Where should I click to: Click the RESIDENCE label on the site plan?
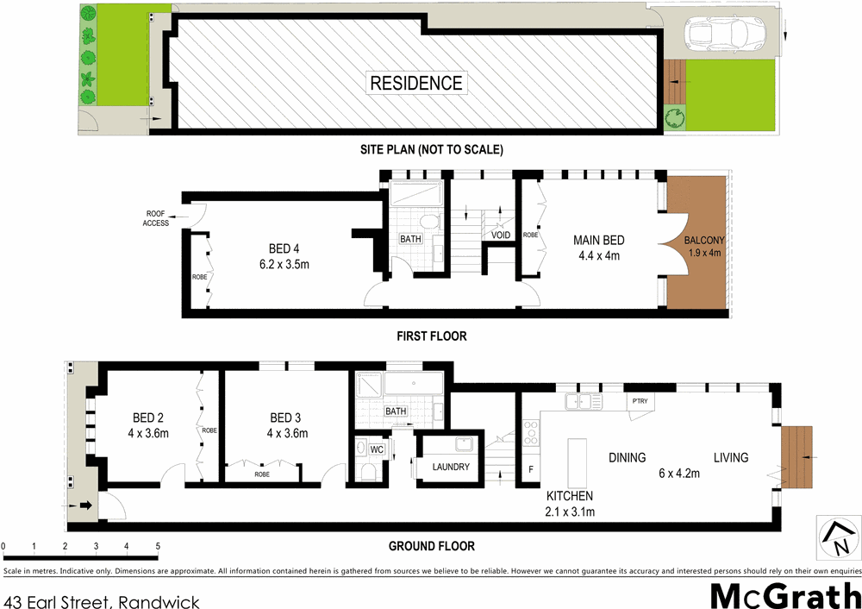coord(416,84)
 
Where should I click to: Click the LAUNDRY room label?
coord(451,468)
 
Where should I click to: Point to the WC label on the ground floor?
coord(376,449)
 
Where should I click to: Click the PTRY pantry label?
coord(639,401)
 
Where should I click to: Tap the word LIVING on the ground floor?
coord(730,458)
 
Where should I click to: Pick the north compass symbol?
coord(836,537)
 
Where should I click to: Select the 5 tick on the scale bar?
coord(157,546)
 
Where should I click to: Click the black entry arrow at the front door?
coord(84,505)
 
